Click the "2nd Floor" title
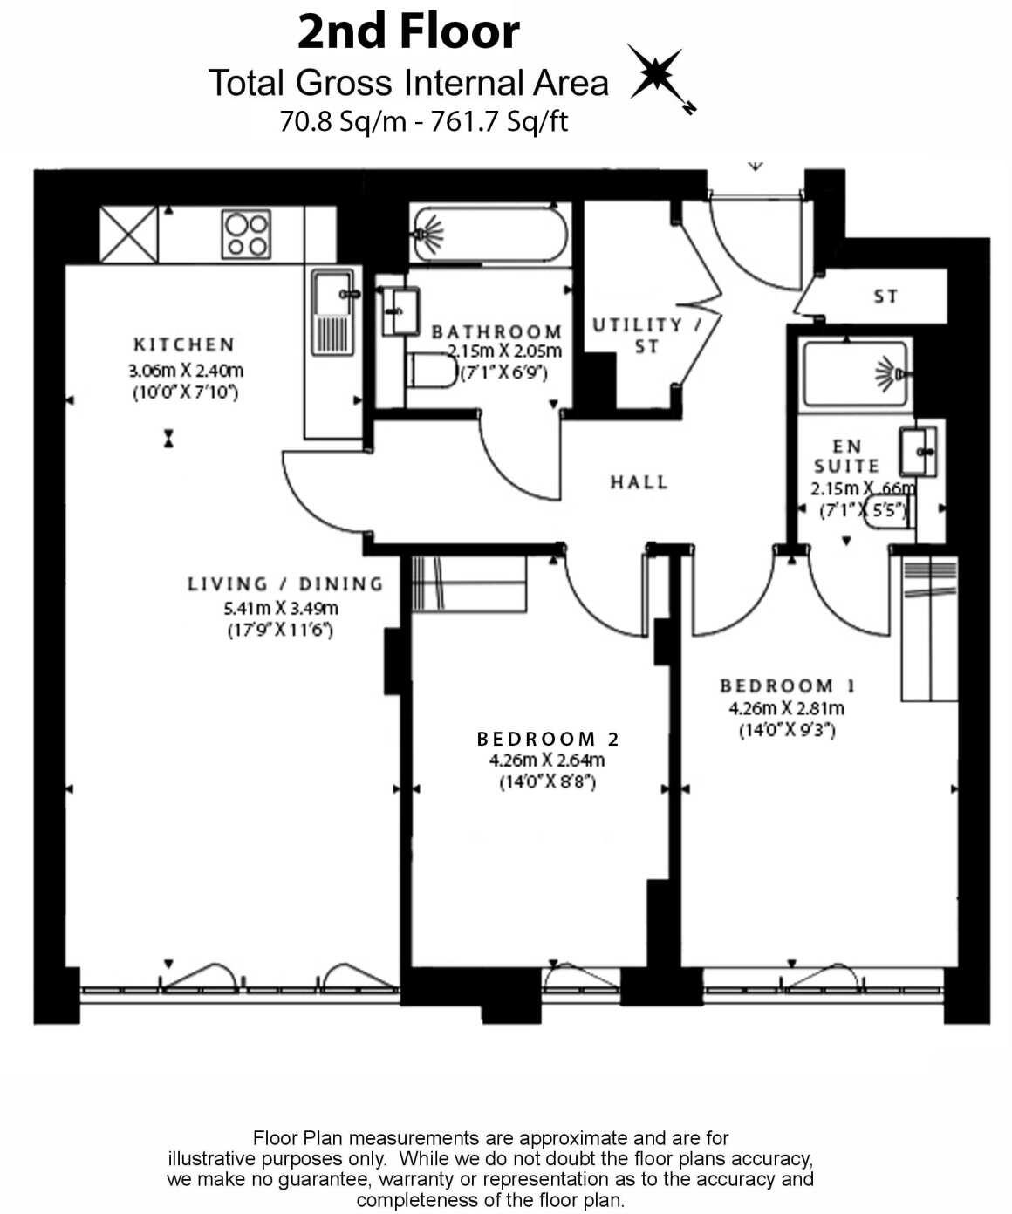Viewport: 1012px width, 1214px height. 408,32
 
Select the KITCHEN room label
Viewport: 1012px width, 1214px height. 184,344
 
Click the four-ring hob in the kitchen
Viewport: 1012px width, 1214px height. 246,234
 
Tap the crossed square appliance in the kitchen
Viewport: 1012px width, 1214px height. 128,234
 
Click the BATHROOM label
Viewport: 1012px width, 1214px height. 496,332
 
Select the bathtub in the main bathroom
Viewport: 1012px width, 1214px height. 489,234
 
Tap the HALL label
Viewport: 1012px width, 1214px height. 639,481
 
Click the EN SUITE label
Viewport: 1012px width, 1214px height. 845,456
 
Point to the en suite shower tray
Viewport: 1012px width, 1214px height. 856,373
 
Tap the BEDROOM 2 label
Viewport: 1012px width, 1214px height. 548,739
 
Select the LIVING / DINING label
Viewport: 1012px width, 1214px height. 285,584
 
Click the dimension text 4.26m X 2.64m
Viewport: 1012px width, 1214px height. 547,760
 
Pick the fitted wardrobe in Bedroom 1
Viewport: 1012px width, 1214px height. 928,629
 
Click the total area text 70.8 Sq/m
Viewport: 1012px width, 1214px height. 343,121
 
